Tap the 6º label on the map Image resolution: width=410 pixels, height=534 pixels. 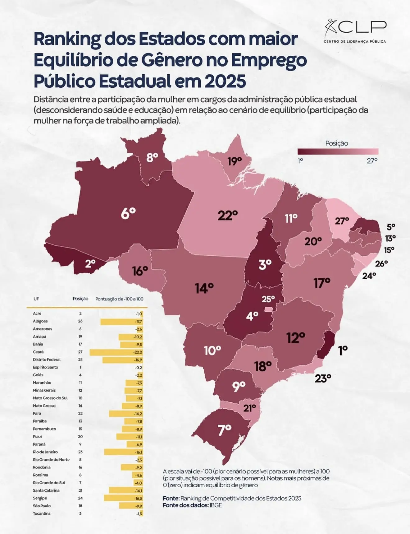128,213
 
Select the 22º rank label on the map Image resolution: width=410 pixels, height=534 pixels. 228,215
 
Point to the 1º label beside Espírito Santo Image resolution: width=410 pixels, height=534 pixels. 343,351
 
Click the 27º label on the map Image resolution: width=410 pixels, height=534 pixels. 342,221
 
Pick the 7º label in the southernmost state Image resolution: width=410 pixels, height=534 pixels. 225,430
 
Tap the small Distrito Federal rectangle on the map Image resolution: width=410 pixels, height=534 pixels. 268,309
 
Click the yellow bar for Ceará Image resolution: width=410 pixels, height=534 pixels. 116,352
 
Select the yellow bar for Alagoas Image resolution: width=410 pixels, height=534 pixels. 121,321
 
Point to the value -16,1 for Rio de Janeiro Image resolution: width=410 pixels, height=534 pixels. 139,452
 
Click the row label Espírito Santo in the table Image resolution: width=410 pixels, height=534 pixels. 45,367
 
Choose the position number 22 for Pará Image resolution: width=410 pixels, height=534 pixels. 80,413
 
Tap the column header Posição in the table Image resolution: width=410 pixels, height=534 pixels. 80,299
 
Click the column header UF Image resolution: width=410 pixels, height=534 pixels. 36,299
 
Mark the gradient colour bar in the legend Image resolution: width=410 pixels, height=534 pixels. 338,151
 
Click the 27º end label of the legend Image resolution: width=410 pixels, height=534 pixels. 372,161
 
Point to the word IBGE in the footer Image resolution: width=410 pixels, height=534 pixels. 216,505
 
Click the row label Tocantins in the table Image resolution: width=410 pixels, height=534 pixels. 42,513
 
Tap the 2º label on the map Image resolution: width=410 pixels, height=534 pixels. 90,264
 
